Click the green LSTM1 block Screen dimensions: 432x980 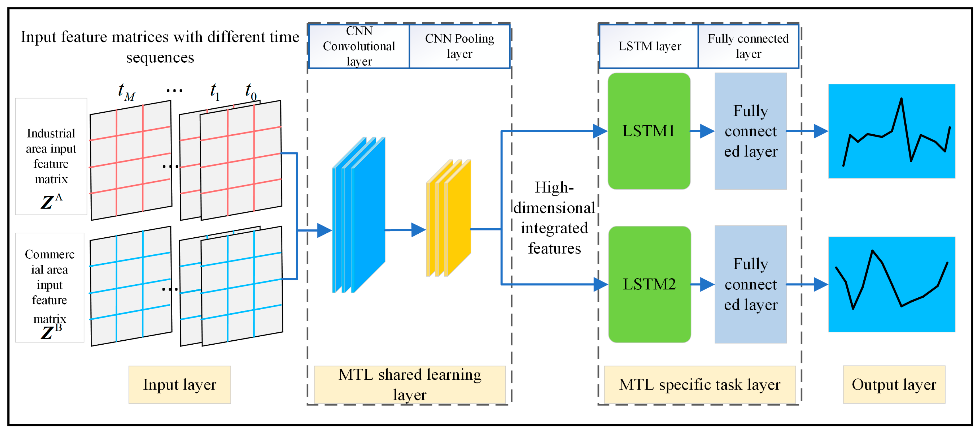tap(649, 131)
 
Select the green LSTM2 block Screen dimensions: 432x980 tap(650, 284)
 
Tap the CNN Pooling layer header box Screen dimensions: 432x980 tap(460, 46)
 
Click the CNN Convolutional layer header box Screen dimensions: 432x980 tap(359, 46)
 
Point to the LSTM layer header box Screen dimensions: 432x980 tap(649, 46)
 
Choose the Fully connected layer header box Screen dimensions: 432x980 tap(748, 46)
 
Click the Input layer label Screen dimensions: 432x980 tap(179, 384)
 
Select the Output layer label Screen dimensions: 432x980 tap(894, 384)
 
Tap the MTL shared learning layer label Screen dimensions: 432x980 tap(410, 384)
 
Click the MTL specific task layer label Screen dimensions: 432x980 tap(699, 384)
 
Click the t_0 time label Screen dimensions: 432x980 tap(250, 92)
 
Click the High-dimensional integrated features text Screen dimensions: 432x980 tap(554, 218)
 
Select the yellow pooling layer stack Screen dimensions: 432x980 tap(449, 218)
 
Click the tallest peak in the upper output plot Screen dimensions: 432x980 tap(901, 100)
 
